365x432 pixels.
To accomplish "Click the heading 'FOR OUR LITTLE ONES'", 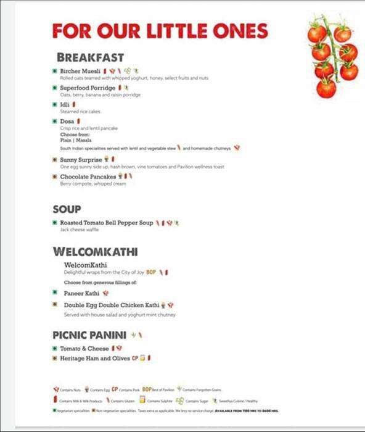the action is pos(160,31).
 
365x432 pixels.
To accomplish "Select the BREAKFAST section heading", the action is pos(90,57).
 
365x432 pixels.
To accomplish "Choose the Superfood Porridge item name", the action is pos(87,88).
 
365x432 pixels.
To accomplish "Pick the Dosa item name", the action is pos(67,122).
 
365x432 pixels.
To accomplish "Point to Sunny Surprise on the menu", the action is pos(80,160).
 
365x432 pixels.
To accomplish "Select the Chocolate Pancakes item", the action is pos(88,177).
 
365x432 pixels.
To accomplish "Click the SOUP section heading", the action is pos(67,209).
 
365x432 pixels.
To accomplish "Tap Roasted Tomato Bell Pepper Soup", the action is pos(106,222).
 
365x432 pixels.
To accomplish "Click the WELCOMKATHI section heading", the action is pos(94,252).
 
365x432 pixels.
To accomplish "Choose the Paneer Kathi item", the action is pos(82,294).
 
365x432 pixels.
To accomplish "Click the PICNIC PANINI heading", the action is pos(89,335).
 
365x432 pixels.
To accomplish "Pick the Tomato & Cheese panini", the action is pos(84,349).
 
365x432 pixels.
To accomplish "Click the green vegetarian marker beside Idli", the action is pos(55,105).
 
